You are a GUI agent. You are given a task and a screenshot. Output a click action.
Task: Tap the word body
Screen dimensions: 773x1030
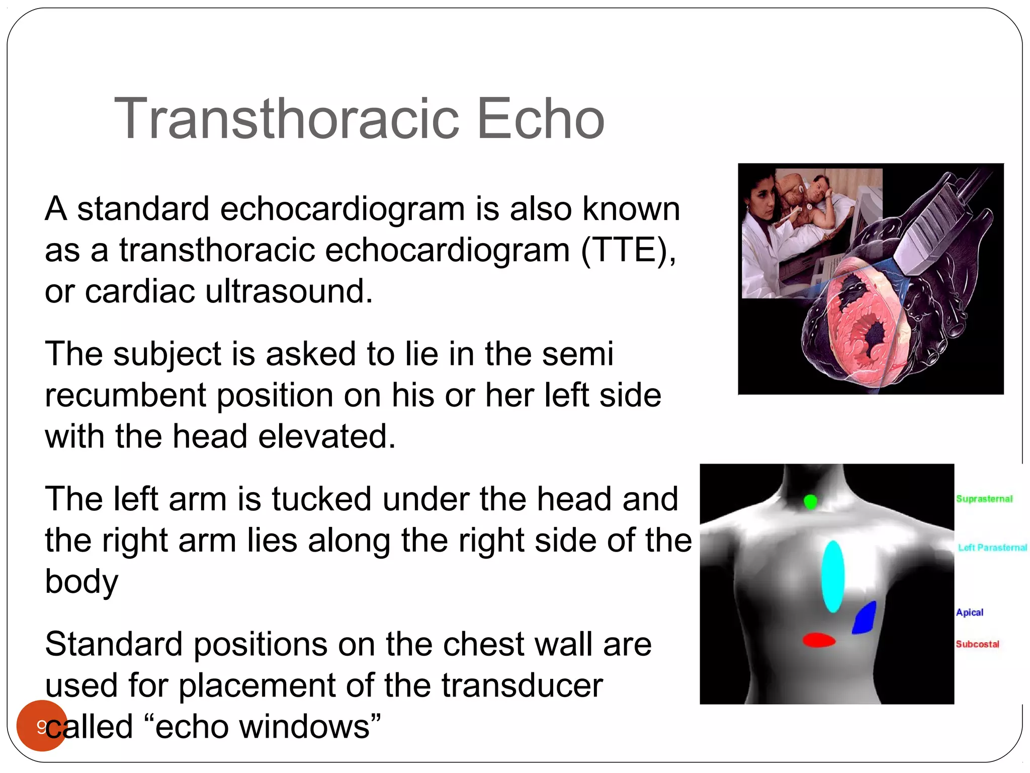pyautogui.click(x=81, y=582)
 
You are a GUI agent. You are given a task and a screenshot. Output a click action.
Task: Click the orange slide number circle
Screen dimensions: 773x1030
pyautogui.click(x=41, y=725)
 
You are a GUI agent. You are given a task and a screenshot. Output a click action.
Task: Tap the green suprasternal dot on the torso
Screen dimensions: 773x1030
pyautogui.click(x=810, y=502)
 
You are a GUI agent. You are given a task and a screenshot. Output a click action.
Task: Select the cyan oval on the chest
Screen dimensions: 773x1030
pyautogui.click(x=833, y=577)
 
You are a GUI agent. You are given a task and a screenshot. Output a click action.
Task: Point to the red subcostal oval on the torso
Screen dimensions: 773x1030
pyautogui.click(x=819, y=640)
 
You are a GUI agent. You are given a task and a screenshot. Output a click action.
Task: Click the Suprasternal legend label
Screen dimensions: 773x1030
pyautogui.click(x=984, y=499)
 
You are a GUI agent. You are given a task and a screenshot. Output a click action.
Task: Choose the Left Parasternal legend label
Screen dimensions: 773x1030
pyautogui.click(x=992, y=548)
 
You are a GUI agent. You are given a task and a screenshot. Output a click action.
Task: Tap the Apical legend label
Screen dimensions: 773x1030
pyautogui.click(x=970, y=612)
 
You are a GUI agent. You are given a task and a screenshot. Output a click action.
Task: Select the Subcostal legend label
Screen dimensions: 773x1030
pyautogui.click(x=977, y=644)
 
